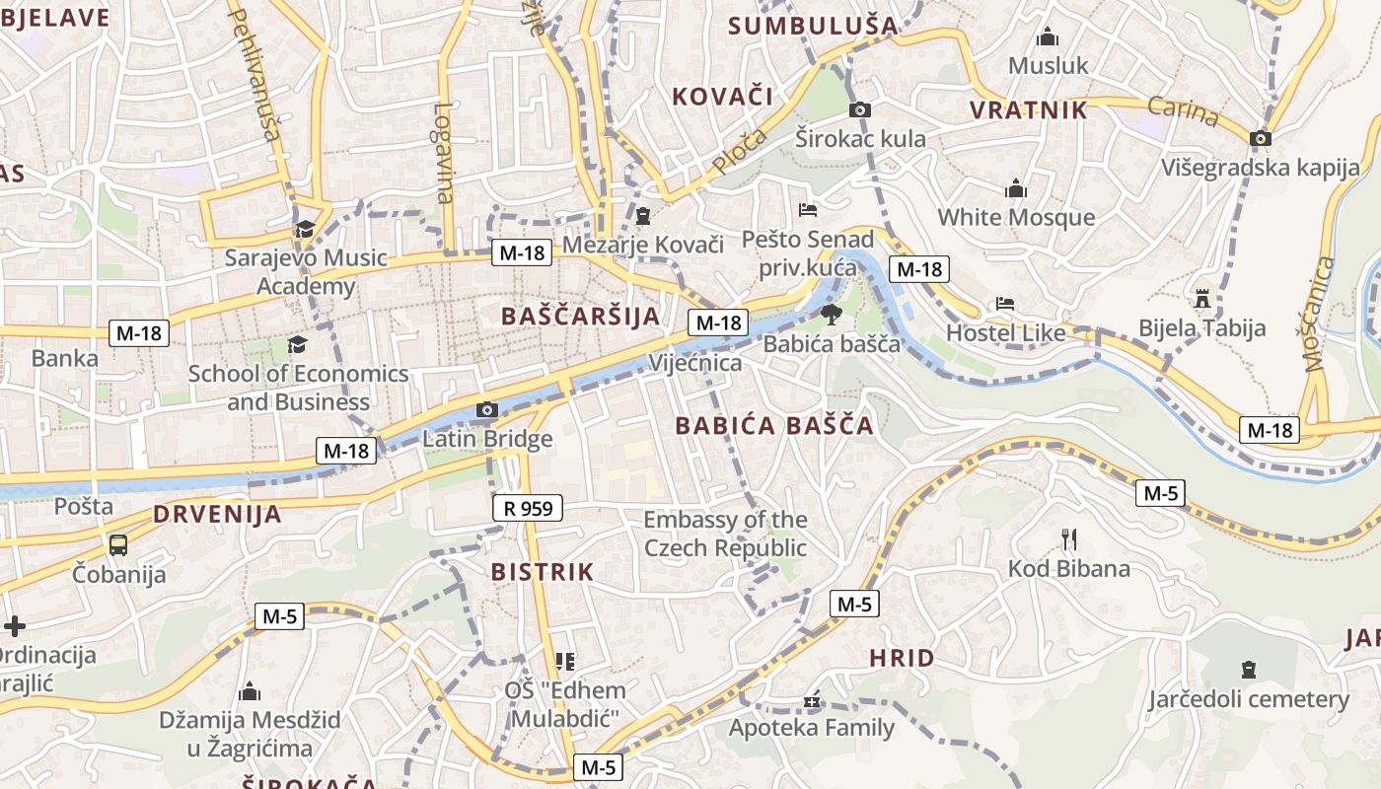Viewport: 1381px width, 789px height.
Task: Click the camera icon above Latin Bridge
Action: tap(486, 409)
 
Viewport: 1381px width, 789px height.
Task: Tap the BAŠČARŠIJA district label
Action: tap(580, 316)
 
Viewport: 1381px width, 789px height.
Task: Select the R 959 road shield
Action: tap(527, 508)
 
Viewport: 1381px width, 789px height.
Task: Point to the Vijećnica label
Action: tap(694, 363)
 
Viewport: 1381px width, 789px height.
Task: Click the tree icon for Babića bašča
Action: tap(831, 314)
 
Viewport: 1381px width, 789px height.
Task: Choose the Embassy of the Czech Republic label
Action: tap(725, 534)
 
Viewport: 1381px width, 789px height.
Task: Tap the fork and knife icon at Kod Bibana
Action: tap(1068, 538)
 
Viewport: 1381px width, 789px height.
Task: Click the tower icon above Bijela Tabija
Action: tap(1201, 298)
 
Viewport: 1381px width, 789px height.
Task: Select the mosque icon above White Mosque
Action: tap(1016, 187)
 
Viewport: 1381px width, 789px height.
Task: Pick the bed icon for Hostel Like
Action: tap(1004, 304)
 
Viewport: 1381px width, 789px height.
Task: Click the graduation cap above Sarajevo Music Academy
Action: tap(305, 229)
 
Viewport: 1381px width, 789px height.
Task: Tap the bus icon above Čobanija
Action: tap(118, 544)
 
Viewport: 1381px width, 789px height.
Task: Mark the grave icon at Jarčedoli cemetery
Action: tap(1248, 670)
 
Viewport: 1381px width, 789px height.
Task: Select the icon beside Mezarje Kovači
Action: tap(643, 215)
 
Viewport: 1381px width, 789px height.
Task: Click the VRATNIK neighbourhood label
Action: tap(1029, 110)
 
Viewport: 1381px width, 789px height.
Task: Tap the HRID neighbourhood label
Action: tap(902, 658)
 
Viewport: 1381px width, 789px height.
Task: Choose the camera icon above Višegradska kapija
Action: tap(1260, 138)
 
